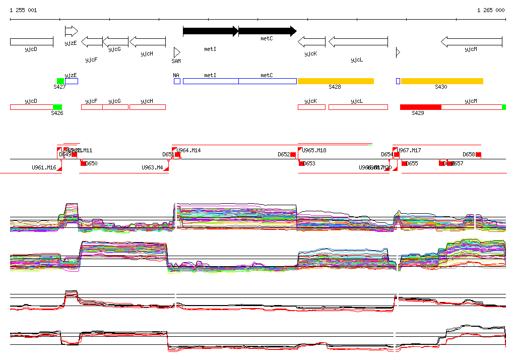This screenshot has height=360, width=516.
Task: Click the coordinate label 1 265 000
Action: (490, 10)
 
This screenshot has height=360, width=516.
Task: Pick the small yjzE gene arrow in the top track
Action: (71, 31)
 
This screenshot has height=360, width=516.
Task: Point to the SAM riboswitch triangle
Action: (176, 52)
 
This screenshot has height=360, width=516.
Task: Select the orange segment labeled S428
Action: (336, 81)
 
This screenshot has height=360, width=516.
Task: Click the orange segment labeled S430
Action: (442, 81)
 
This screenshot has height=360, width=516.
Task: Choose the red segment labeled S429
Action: (420, 107)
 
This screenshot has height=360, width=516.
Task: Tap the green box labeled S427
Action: (60, 81)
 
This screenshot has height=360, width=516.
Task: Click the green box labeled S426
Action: (57, 107)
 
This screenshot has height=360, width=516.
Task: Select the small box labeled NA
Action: (177, 81)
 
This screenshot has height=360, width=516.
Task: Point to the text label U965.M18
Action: (314, 150)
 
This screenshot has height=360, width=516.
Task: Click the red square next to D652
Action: (293, 154)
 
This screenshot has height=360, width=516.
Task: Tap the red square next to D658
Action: (478, 154)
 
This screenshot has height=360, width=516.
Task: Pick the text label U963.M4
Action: (152, 167)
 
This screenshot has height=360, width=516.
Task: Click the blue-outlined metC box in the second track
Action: (267, 81)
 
